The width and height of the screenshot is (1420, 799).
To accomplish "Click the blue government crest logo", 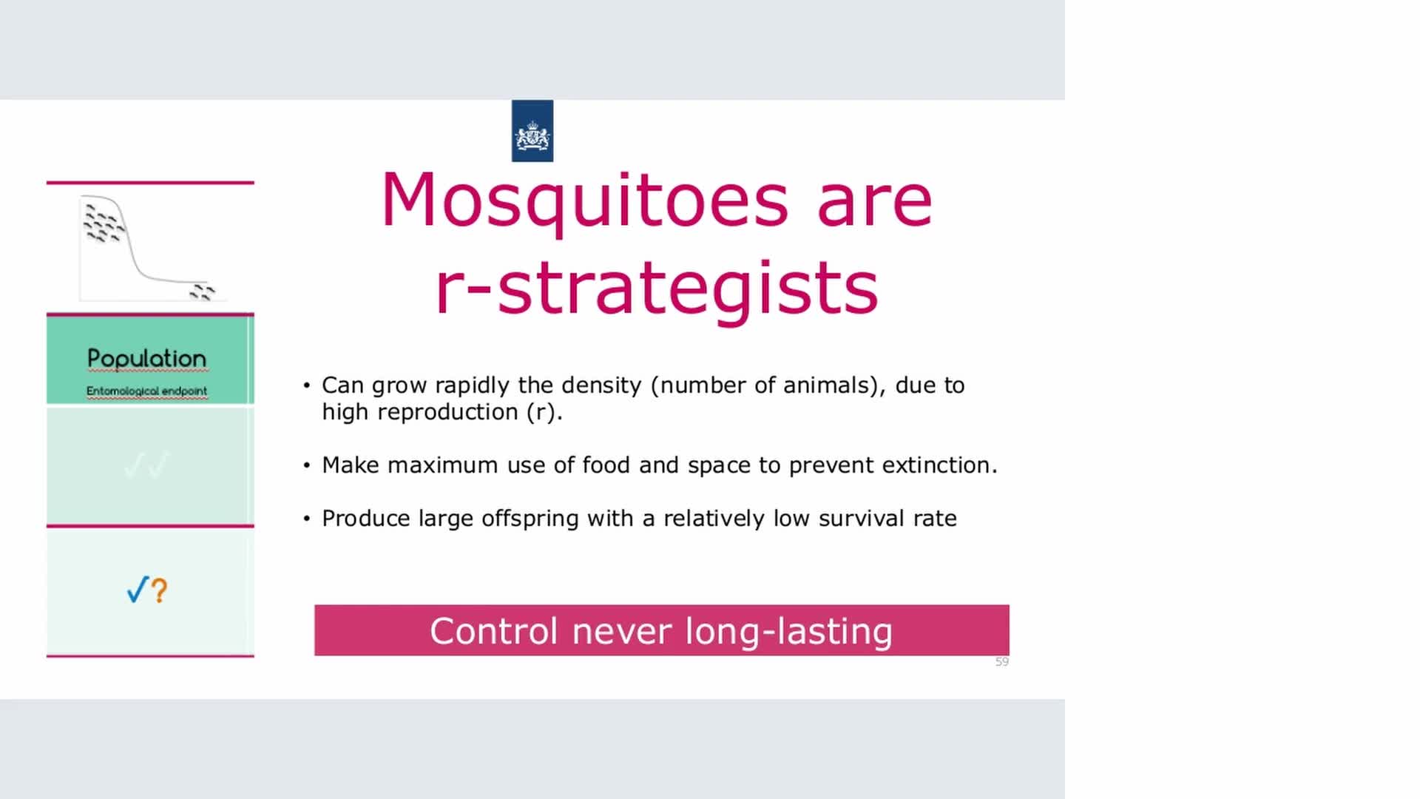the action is click(532, 131).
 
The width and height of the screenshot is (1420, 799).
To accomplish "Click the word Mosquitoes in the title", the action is click(584, 201).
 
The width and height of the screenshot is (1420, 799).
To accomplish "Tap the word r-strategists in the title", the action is click(657, 289).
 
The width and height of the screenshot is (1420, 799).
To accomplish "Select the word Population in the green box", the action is click(146, 359).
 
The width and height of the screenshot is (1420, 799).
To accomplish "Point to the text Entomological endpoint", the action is click(146, 391).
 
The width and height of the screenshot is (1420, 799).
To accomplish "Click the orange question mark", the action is click(160, 590).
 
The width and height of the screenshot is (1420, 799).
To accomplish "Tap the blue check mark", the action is click(138, 590).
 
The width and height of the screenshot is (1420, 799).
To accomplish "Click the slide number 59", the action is click(1002, 661).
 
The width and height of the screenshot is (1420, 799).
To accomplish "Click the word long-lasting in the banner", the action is click(789, 633).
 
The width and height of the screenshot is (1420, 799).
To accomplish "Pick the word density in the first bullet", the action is click(601, 385).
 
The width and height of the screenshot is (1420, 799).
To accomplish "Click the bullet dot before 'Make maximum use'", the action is click(307, 465).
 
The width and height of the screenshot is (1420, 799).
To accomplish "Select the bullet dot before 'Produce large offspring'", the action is click(307, 519).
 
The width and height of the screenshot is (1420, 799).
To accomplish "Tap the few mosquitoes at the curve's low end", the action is click(202, 292).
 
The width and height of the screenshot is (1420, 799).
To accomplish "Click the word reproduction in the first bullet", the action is click(447, 412).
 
